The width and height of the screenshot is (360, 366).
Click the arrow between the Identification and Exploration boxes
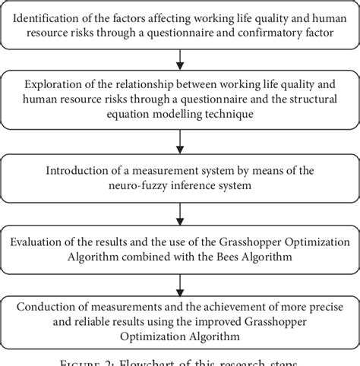[180, 58]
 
